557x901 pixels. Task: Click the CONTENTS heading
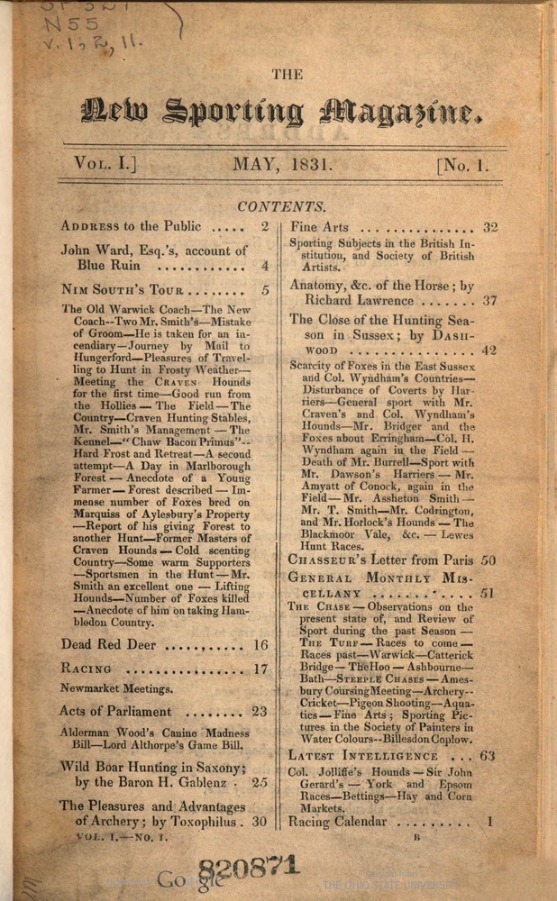pos(282,206)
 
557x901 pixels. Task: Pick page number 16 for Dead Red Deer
pos(260,645)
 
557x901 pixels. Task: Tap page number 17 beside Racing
pos(260,669)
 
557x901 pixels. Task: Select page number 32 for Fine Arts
pos(490,227)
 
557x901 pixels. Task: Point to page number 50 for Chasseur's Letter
pos(488,560)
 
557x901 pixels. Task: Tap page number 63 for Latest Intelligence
pos(487,755)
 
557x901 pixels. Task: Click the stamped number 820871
pos(248,869)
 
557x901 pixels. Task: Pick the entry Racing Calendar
pos(337,822)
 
